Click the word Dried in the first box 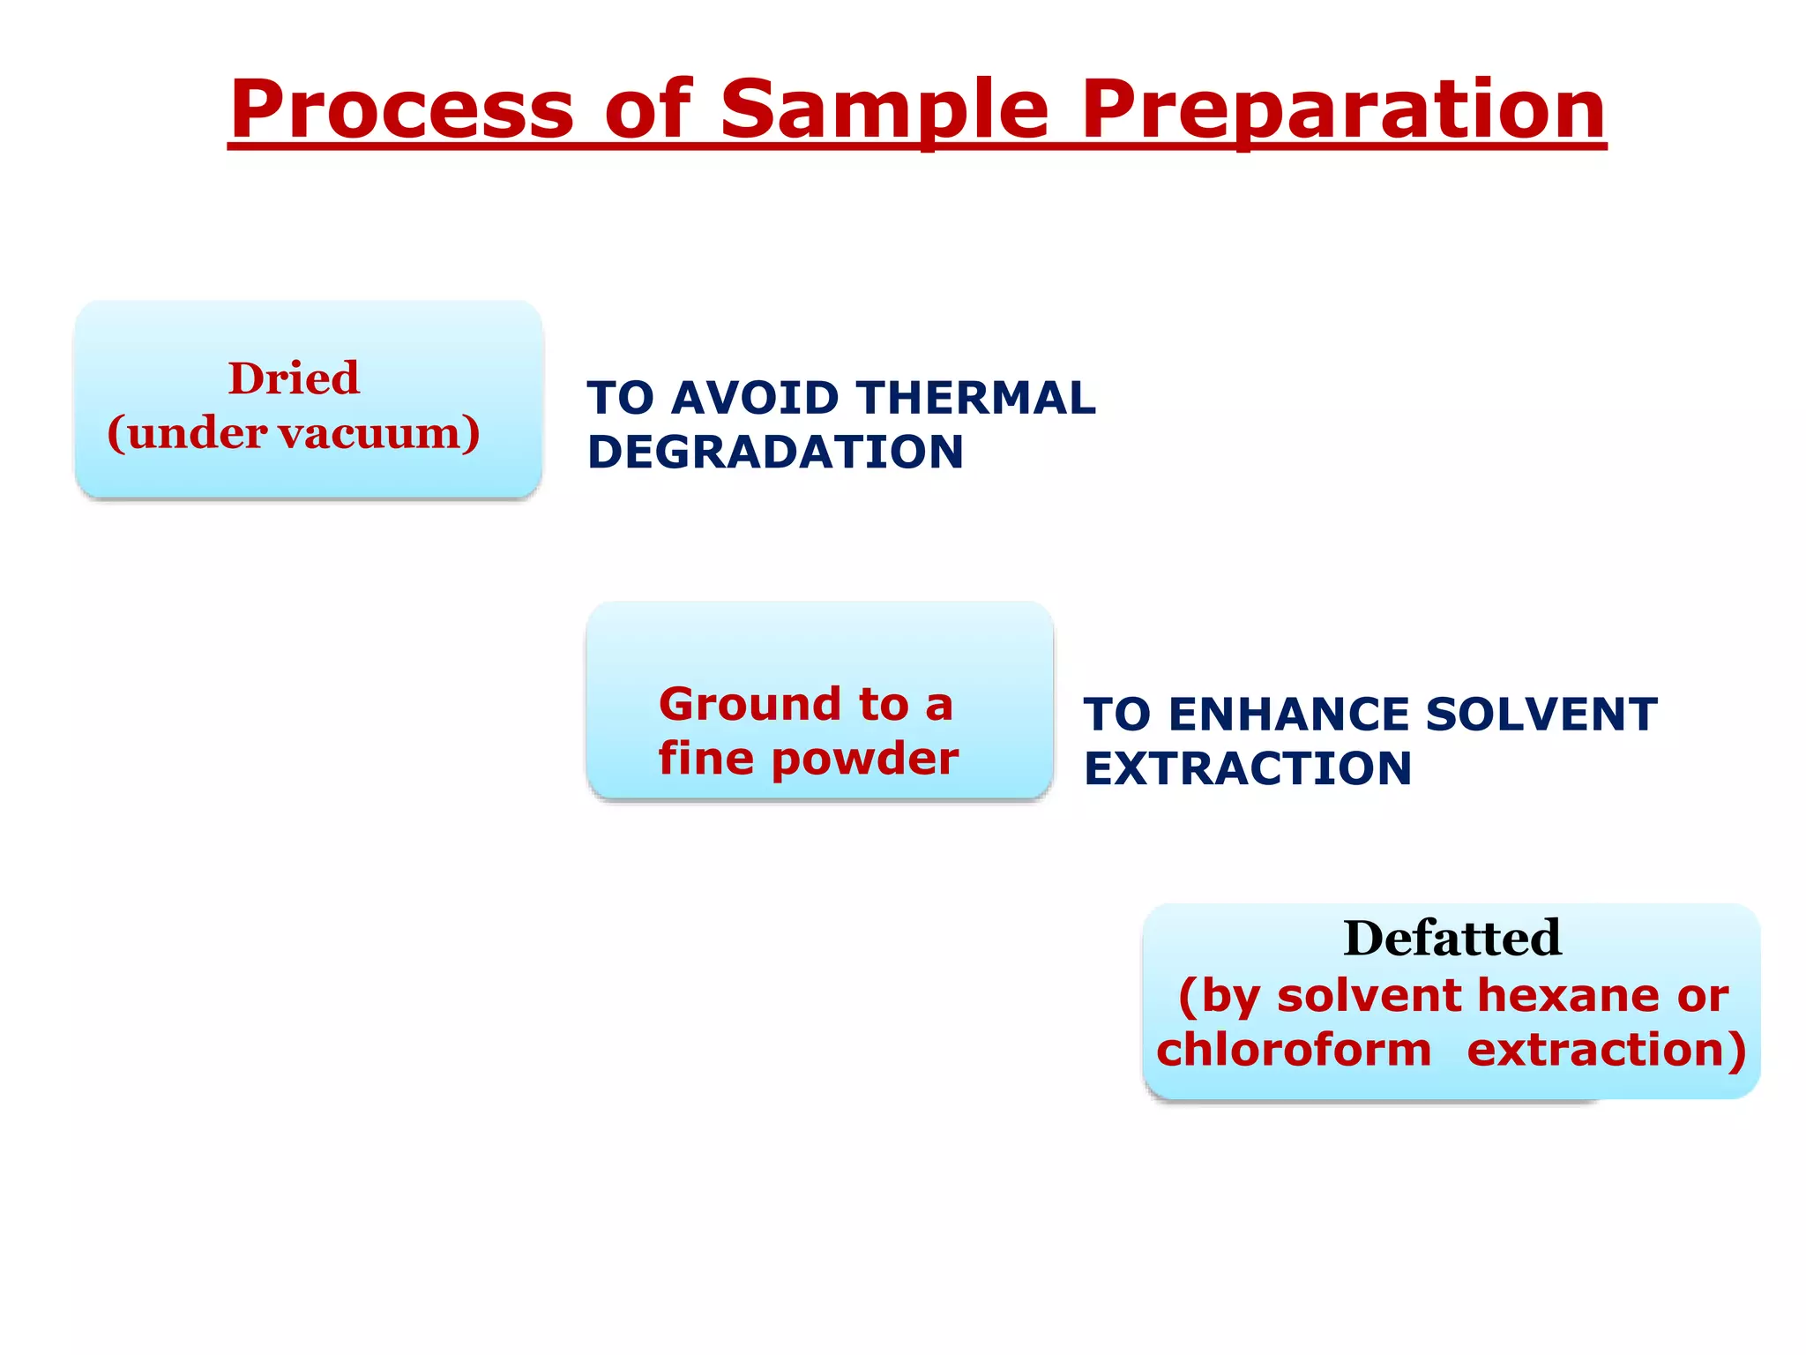[294, 378]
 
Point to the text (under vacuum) [294, 433]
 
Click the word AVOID [755, 398]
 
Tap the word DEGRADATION [775, 453]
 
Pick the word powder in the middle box [864, 760]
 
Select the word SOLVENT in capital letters [1541, 715]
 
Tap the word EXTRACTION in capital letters [1247, 769]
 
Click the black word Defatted [1452, 938]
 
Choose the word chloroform [1293, 1051]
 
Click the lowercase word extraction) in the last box [1606, 1051]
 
